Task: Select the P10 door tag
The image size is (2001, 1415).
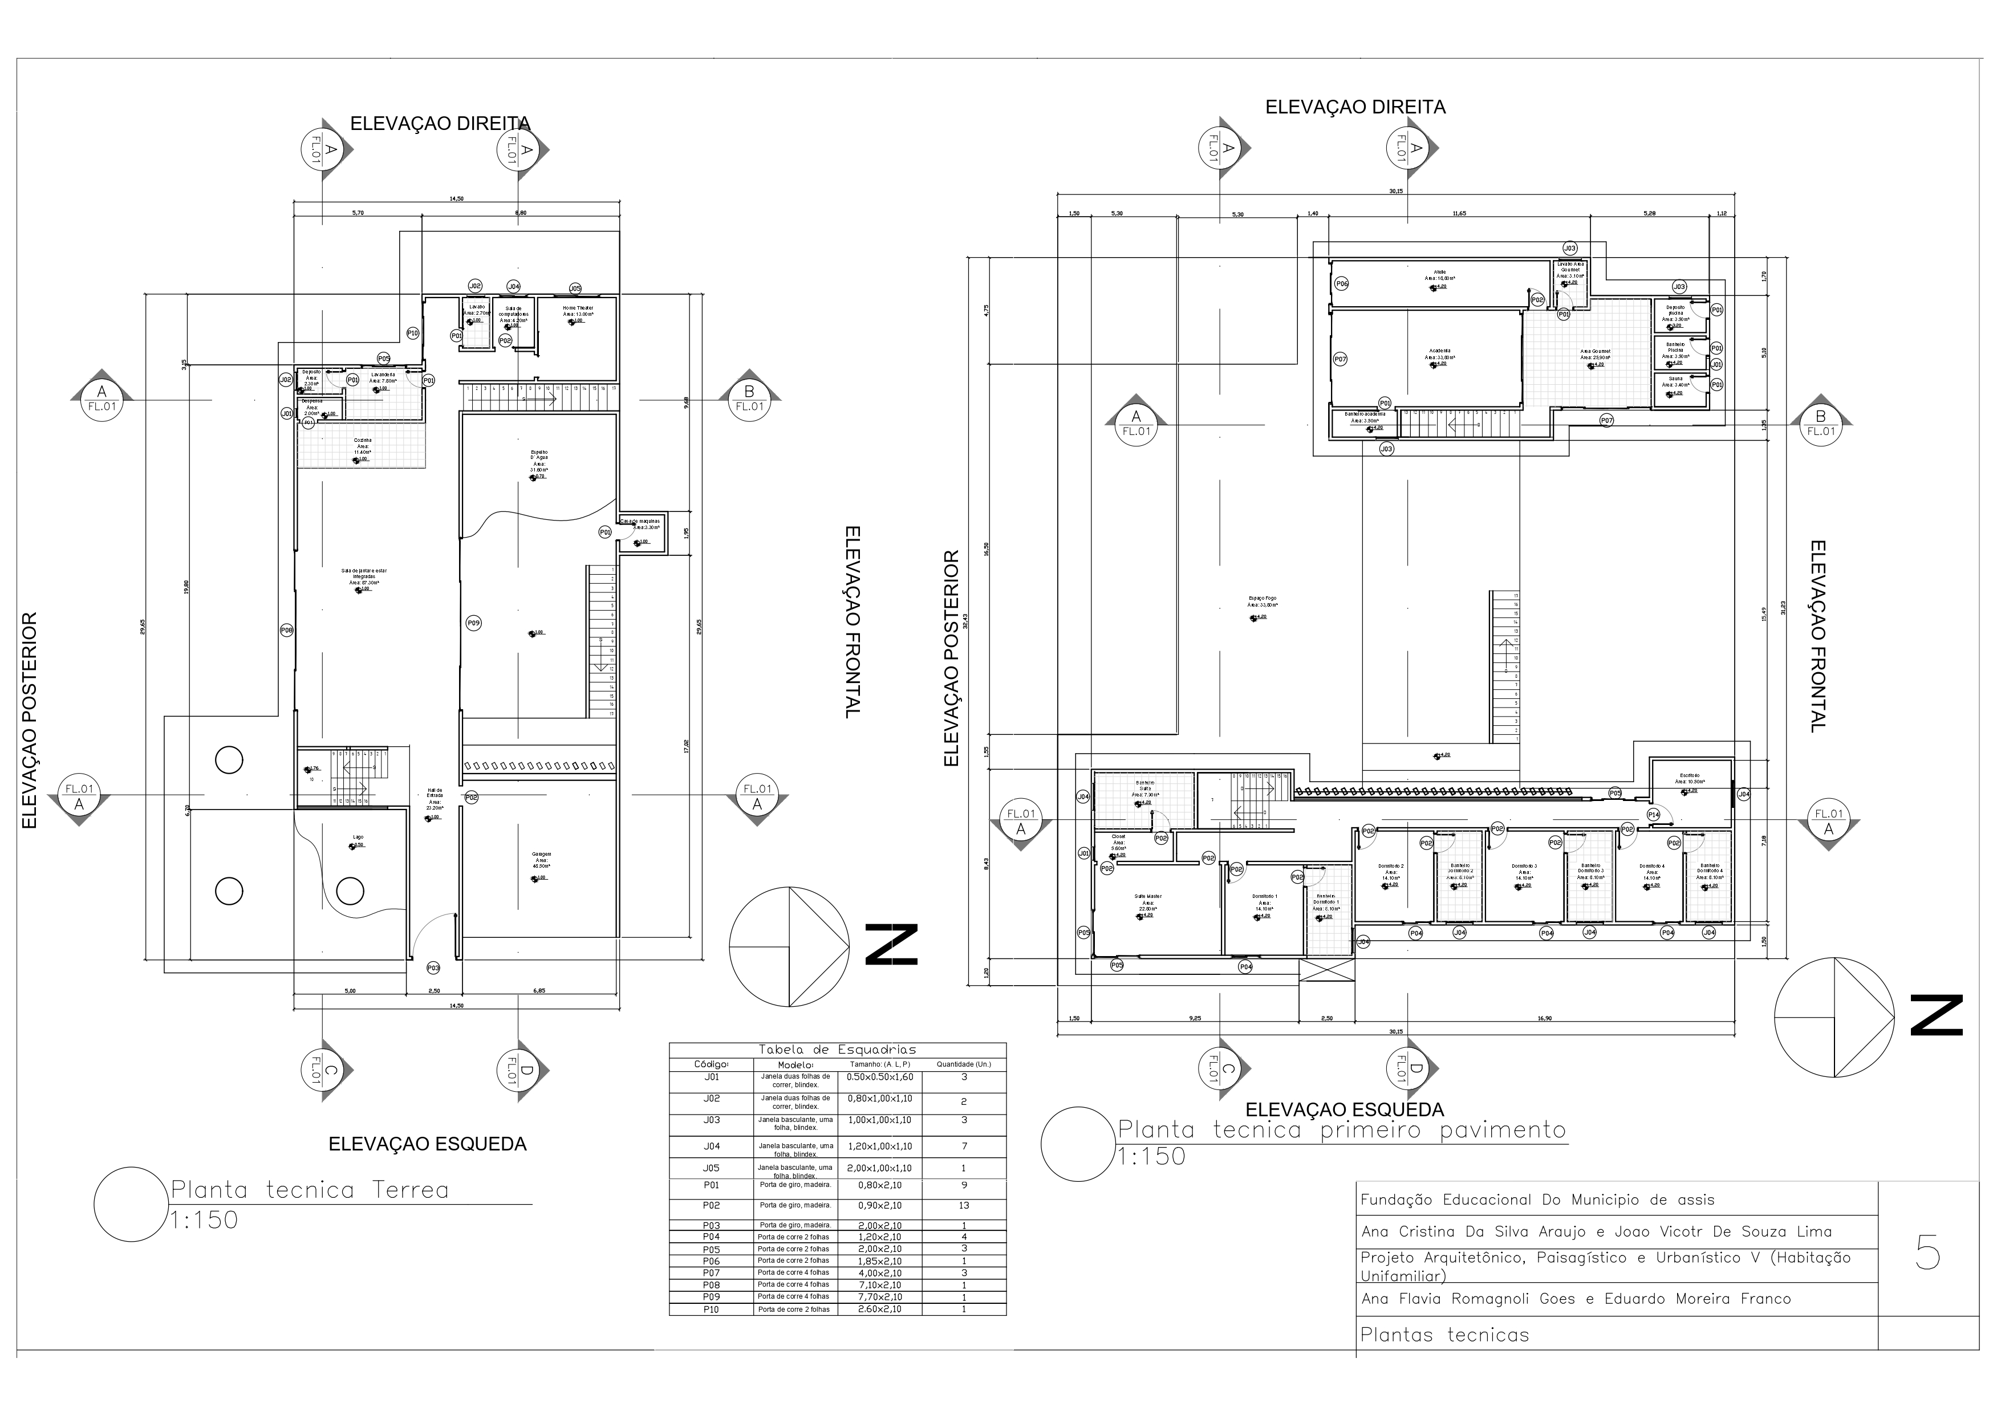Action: coord(413,333)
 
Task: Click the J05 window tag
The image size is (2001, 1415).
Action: coord(575,288)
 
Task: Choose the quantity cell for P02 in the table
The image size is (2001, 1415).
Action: coord(963,1206)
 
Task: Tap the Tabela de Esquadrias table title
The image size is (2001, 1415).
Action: coord(837,1050)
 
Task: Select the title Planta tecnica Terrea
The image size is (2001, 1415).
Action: coord(310,1190)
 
